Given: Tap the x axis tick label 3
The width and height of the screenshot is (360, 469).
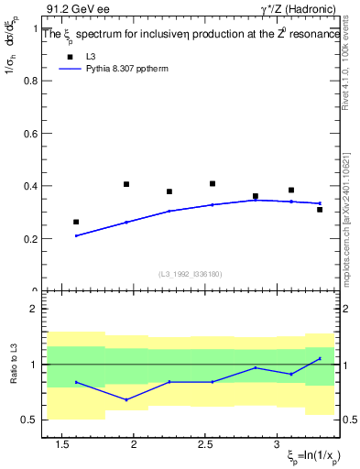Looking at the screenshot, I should [278, 444].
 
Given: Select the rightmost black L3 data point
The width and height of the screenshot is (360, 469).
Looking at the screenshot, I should [320, 210].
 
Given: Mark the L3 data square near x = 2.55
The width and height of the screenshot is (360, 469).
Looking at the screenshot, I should [213, 184].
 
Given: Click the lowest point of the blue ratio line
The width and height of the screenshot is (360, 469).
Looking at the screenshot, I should [126, 399].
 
